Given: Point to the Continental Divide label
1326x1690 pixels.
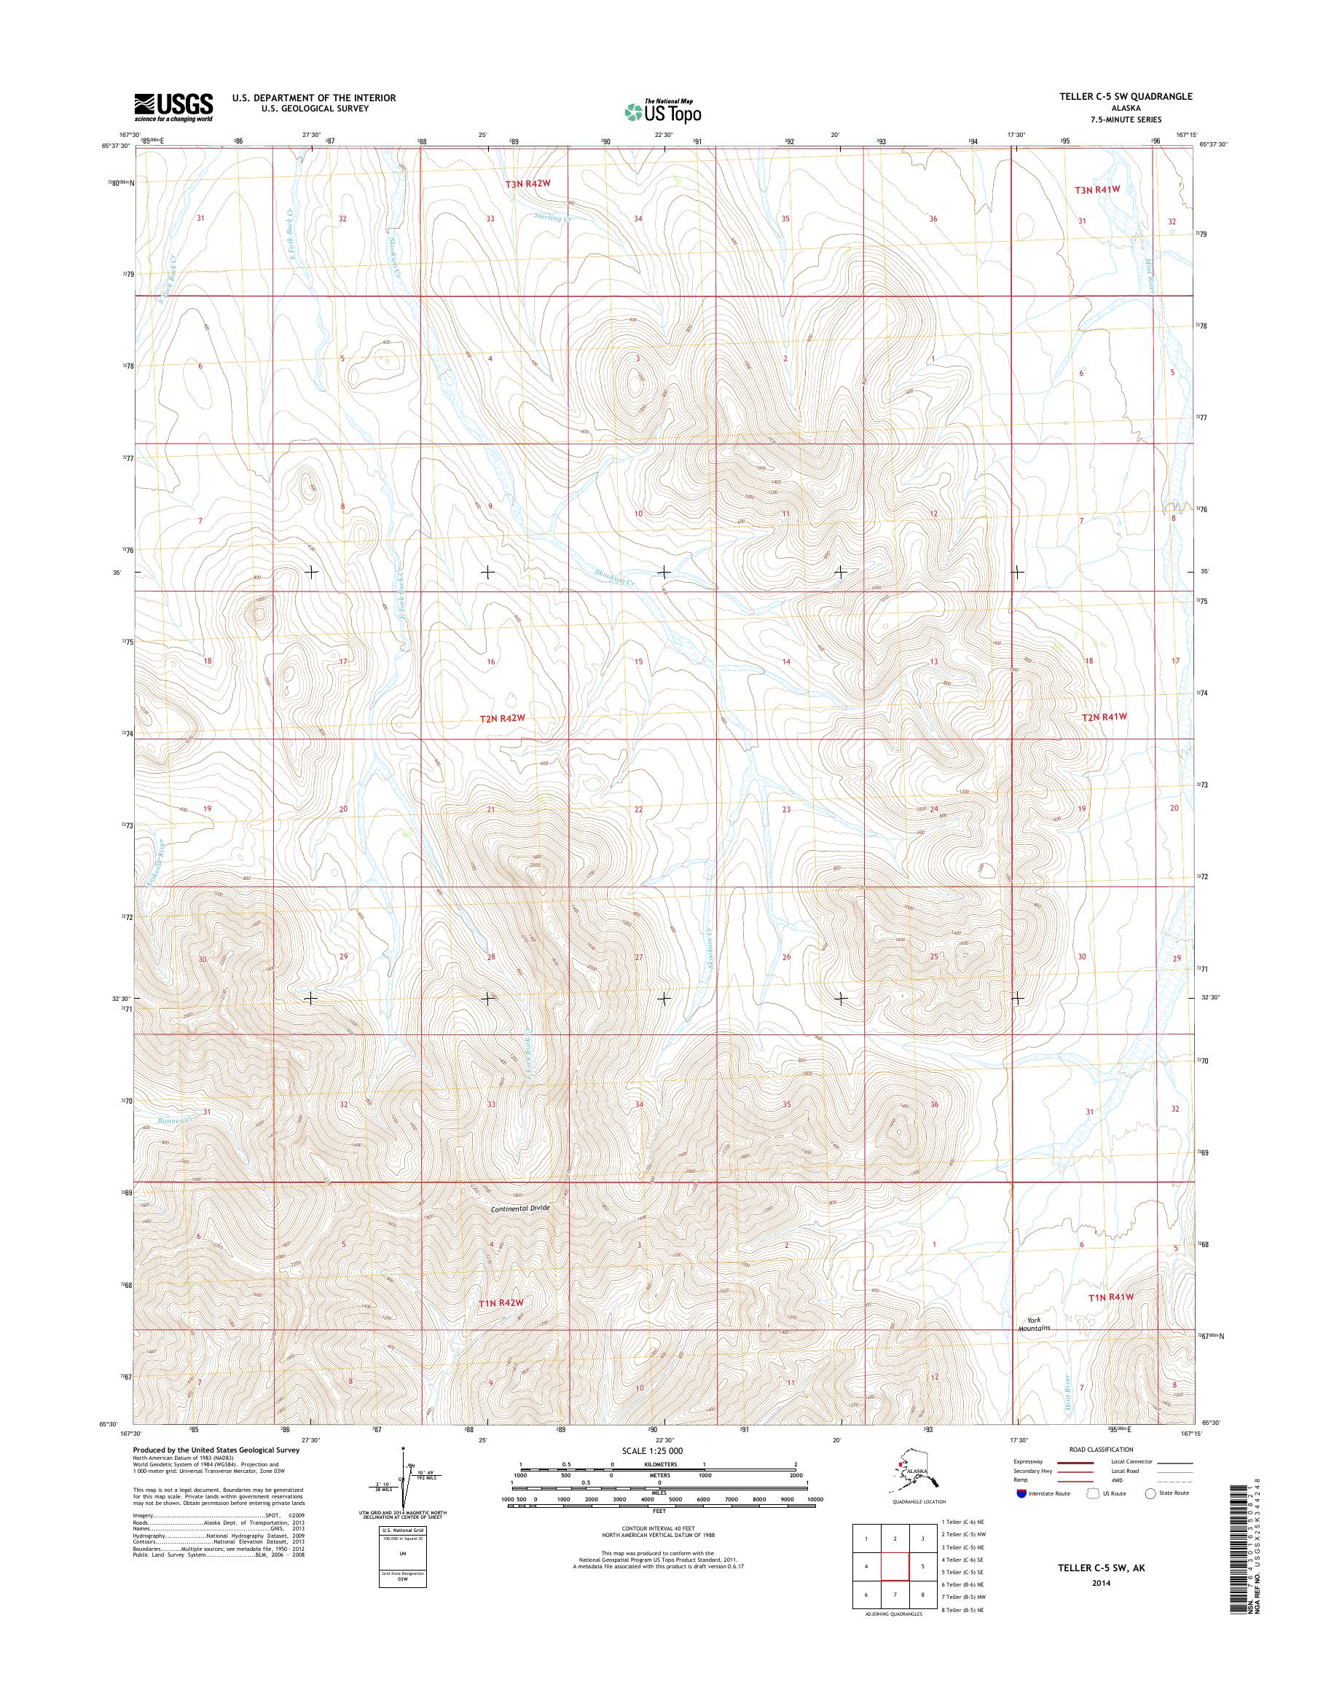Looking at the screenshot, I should pos(519,1208).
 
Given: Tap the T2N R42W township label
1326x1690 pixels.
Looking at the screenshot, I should pos(502,718).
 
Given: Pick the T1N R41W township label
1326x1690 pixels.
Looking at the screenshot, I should pos(1111,1297).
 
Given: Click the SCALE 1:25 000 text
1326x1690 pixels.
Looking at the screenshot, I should pos(653,1451).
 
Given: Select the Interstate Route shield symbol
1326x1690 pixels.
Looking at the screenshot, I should pos(1021,1493).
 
